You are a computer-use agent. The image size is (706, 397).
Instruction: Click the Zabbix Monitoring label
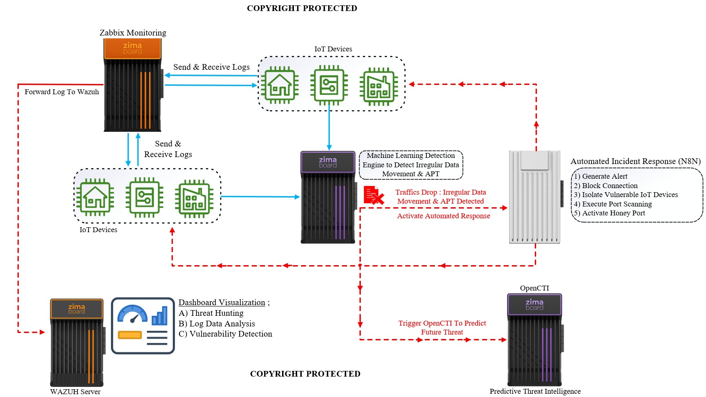tap(133, 33)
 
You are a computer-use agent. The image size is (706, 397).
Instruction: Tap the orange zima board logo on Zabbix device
tap(132, 48)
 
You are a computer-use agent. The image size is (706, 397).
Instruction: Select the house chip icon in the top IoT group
tap(280, 85)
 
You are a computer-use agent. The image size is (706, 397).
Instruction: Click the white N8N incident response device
tap(535, 197)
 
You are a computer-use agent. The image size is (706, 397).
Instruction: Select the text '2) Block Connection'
tap(606, 186)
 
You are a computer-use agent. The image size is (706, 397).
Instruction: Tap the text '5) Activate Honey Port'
tap(609, 213)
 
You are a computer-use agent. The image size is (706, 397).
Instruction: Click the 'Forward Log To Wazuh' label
tap(62, 92)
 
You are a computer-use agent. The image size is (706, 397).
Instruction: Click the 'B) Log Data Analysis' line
tap(216, 324)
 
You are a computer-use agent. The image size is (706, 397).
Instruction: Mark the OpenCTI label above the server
tap(534, 288)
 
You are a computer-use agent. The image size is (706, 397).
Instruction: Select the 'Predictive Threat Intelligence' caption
tap(535, 391)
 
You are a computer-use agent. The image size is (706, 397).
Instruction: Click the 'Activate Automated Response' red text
tap(443, 216)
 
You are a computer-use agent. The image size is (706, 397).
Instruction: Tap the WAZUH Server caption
tap(75, 392)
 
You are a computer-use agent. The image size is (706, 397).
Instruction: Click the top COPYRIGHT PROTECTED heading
tap(302, 8)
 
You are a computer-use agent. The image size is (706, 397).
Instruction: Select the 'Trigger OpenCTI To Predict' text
tap(442, 323)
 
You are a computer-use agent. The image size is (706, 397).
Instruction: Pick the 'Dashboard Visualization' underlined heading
tap(222, 302)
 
